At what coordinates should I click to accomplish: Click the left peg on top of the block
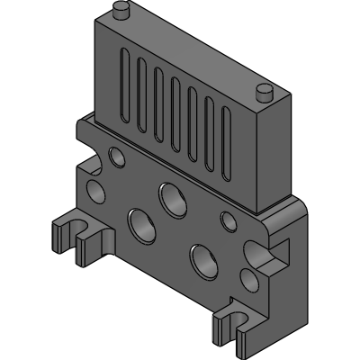coord(119,10)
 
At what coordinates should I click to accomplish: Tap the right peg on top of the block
coord(264,92)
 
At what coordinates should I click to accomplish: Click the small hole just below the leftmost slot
coord(117,157)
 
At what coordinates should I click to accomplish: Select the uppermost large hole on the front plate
coord(168,194)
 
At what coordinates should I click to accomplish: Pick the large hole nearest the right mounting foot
coord(202,258)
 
